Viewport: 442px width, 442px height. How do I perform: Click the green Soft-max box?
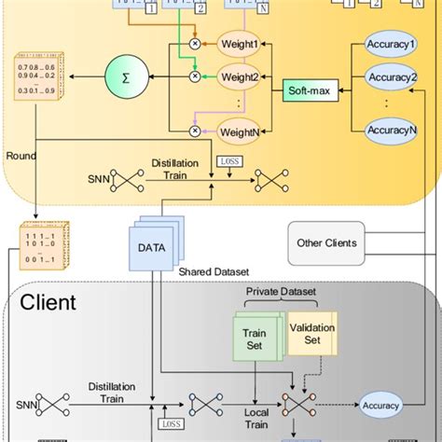click(307, 91)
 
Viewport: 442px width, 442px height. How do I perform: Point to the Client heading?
click(48, 303)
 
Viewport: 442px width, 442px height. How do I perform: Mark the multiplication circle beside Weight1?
click(195, 44)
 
